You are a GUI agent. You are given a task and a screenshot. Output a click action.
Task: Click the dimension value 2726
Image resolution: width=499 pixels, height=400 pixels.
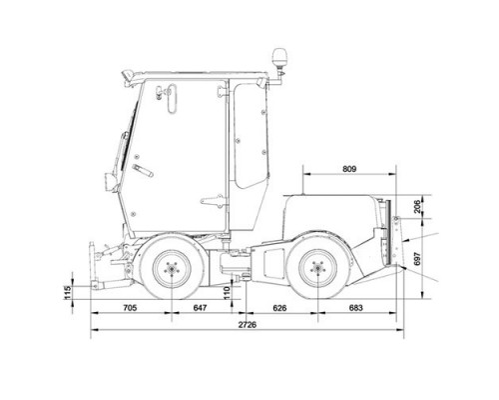pyautogui.click(x=248, y=325)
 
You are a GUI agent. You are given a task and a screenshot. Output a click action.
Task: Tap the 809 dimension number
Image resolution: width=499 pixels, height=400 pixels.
pyautogui.click(x=349, y=169)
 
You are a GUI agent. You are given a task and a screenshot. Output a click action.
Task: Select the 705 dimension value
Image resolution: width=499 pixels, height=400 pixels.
pyautogui.click(x=130, y=308)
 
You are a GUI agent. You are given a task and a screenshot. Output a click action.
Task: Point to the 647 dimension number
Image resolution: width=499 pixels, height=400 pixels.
pyautogui.click(x=200, y=308)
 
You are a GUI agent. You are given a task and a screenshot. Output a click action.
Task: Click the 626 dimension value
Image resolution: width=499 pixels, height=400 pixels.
pyautogui.click(x=279, y=308)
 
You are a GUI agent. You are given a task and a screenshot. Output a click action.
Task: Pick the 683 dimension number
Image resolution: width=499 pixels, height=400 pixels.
pyautogui.click(x=355, y=308)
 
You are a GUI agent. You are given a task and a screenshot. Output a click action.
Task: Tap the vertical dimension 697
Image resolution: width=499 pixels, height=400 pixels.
pyautogui.click(x=418, y=259)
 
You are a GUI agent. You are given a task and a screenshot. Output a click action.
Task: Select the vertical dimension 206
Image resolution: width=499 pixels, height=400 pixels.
pyautogui.click(x=418, y=207)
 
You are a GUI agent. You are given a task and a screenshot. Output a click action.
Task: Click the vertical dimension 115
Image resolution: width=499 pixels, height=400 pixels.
pyautogui.click(x=68, y=293)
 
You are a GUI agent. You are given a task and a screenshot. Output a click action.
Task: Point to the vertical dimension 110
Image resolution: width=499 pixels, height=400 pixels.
pyautogui.click(x=227, y=293)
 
